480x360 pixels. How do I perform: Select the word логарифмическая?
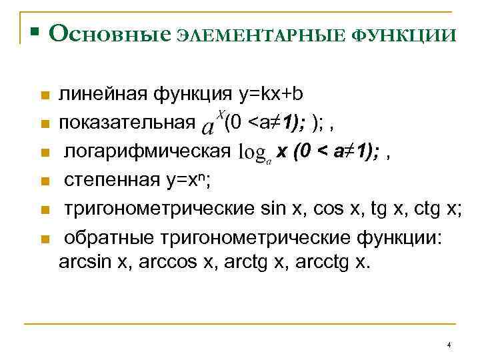tap(147, 153)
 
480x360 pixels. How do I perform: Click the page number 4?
tap(449, 345)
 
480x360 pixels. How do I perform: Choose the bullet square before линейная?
tap(44, 95)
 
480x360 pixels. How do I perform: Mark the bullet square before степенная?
tap(44, 181)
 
